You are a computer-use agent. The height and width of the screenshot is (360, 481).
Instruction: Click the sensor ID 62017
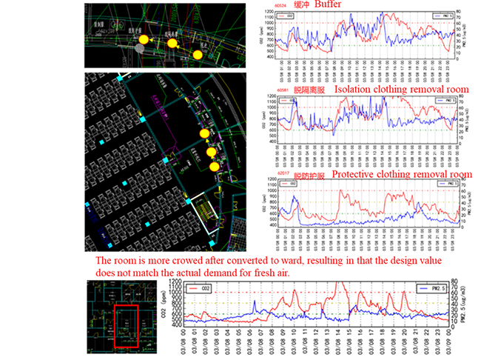283,176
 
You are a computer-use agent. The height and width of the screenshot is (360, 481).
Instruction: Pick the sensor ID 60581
282,90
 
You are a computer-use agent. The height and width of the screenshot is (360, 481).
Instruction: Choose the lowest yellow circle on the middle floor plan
215,167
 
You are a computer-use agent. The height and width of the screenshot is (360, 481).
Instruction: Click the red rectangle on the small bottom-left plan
126,325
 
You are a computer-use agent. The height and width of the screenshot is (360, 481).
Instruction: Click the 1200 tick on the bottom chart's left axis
175,281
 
